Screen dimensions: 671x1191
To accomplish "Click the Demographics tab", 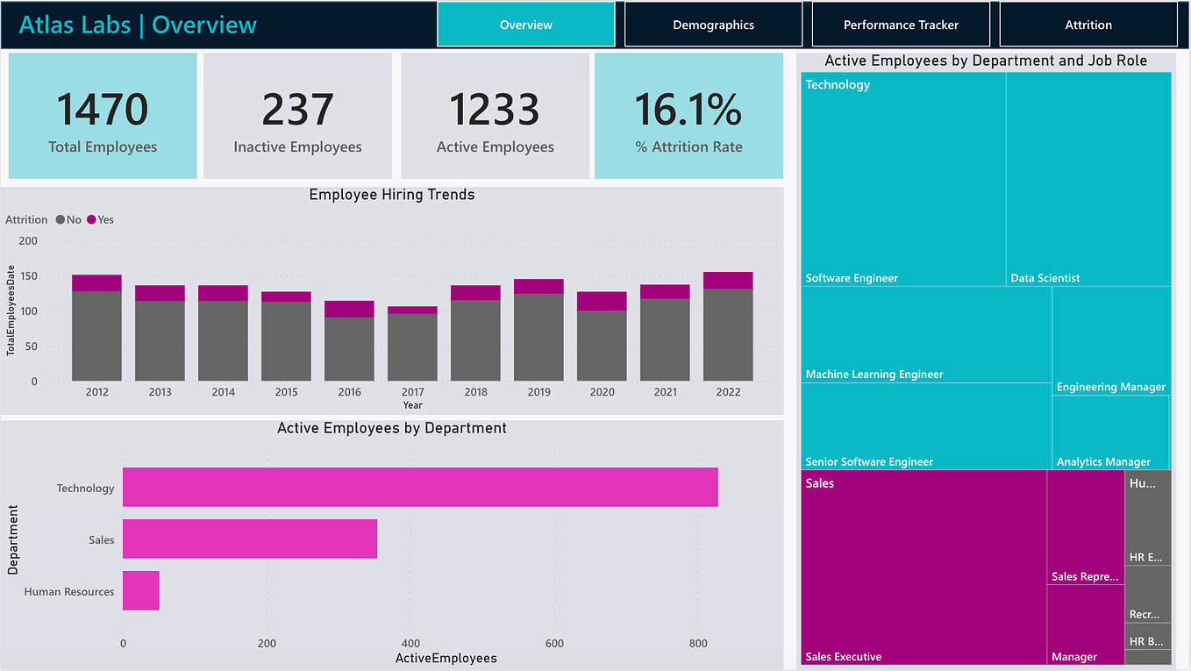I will (x=713, y=25).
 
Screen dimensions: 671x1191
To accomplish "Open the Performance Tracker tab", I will (x=901, y=25).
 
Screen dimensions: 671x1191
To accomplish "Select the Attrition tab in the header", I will (x=1088, y=25).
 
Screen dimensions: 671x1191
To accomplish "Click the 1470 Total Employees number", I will (x=103, y=110).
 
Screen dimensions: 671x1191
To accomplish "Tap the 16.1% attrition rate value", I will (x=688, y=110).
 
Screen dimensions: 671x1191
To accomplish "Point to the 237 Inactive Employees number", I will (x=297, y=110).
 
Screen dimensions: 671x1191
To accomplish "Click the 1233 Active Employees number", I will (x=495, y=110).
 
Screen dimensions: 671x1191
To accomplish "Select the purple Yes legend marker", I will (x=91, y=220).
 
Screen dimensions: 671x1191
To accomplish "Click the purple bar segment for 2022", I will (x=728, y=281).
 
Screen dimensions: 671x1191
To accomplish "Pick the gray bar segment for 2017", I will (x=412, y=347).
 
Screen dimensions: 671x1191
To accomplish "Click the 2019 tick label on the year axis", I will (x=538, y=392).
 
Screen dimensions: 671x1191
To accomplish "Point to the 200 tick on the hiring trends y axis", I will (x=29, y=241).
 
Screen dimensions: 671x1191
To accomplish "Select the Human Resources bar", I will (x=141, y=590).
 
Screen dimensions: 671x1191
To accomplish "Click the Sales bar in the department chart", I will (x=250, y=539).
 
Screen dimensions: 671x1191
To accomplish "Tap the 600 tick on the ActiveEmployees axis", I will (x=554, y=643).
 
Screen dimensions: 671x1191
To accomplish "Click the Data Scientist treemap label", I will (x=1045, y=278).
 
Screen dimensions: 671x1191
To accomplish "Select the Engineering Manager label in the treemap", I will (x=1110, y=387).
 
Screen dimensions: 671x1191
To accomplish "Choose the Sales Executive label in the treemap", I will (x=843, y=657).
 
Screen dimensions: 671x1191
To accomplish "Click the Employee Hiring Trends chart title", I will (x=392, y=195).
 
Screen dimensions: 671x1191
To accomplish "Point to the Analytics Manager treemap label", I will (x=1102, y=462).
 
